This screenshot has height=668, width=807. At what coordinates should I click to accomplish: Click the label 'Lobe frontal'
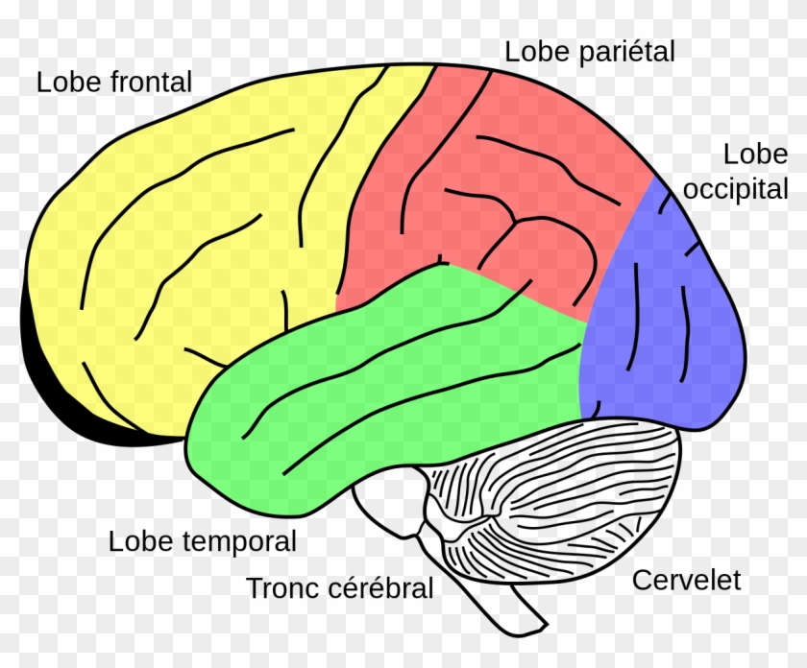(114, 82)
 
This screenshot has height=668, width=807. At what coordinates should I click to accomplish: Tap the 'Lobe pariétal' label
(590, 52)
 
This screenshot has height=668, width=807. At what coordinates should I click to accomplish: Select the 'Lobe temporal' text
(203, 541)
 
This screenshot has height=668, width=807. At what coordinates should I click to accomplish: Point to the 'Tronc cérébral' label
(341, 587)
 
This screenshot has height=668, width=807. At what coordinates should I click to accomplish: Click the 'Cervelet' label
(686, 580)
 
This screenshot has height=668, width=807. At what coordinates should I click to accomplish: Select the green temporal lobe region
(384, 384)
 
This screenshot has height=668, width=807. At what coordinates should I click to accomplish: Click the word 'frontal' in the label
(151, 82)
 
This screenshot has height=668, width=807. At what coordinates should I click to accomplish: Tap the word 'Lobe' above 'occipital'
(755, 155)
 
